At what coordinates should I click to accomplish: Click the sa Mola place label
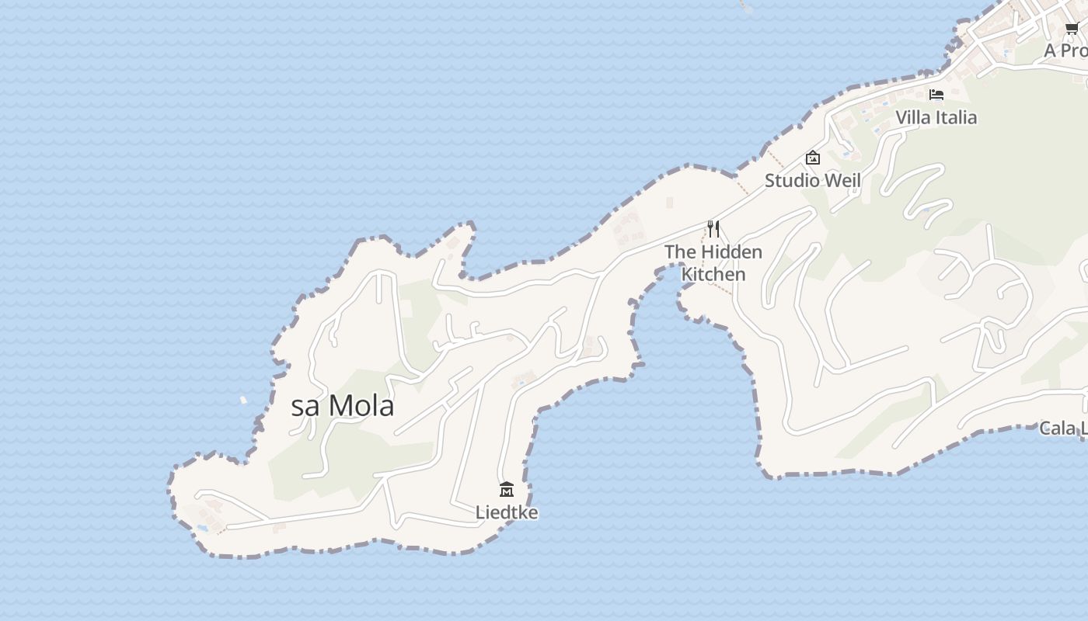342,406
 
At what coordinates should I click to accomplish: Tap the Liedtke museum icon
507,489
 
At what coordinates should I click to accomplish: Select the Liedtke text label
507,512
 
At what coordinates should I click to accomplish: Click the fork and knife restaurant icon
713,229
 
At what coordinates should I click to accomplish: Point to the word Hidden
731,252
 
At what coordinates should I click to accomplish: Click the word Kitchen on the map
713,274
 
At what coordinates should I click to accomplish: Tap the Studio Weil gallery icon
813,158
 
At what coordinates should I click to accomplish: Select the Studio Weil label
813,180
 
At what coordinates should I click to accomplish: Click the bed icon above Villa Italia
936,95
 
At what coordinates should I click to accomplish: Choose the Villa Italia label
936,117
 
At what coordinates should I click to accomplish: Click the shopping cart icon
1072,29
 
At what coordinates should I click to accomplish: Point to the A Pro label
1065,50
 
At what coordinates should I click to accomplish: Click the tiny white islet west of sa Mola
243,401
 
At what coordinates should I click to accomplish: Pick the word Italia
956,117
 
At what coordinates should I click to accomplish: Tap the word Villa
912,117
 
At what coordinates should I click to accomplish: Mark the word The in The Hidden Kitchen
680,252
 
